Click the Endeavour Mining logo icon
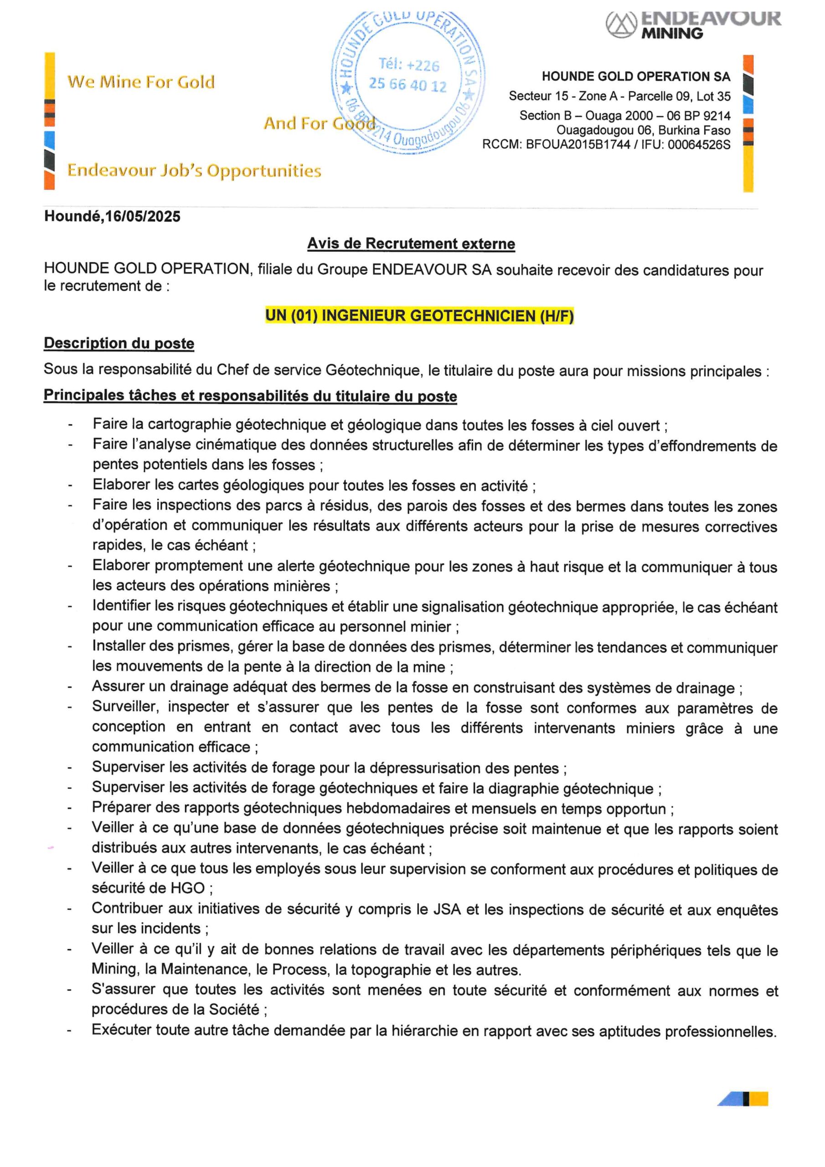coord(621,25)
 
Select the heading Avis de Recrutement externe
coord(411,244)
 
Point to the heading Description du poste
coord(119,343)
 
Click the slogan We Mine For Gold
coord(141,82)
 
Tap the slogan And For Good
coord(319,124)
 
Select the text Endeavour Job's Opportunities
coord(194,170)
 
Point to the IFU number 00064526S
coord(699,145)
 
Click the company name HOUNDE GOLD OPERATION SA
coord(635,77)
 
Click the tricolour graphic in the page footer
coord(742,1099)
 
